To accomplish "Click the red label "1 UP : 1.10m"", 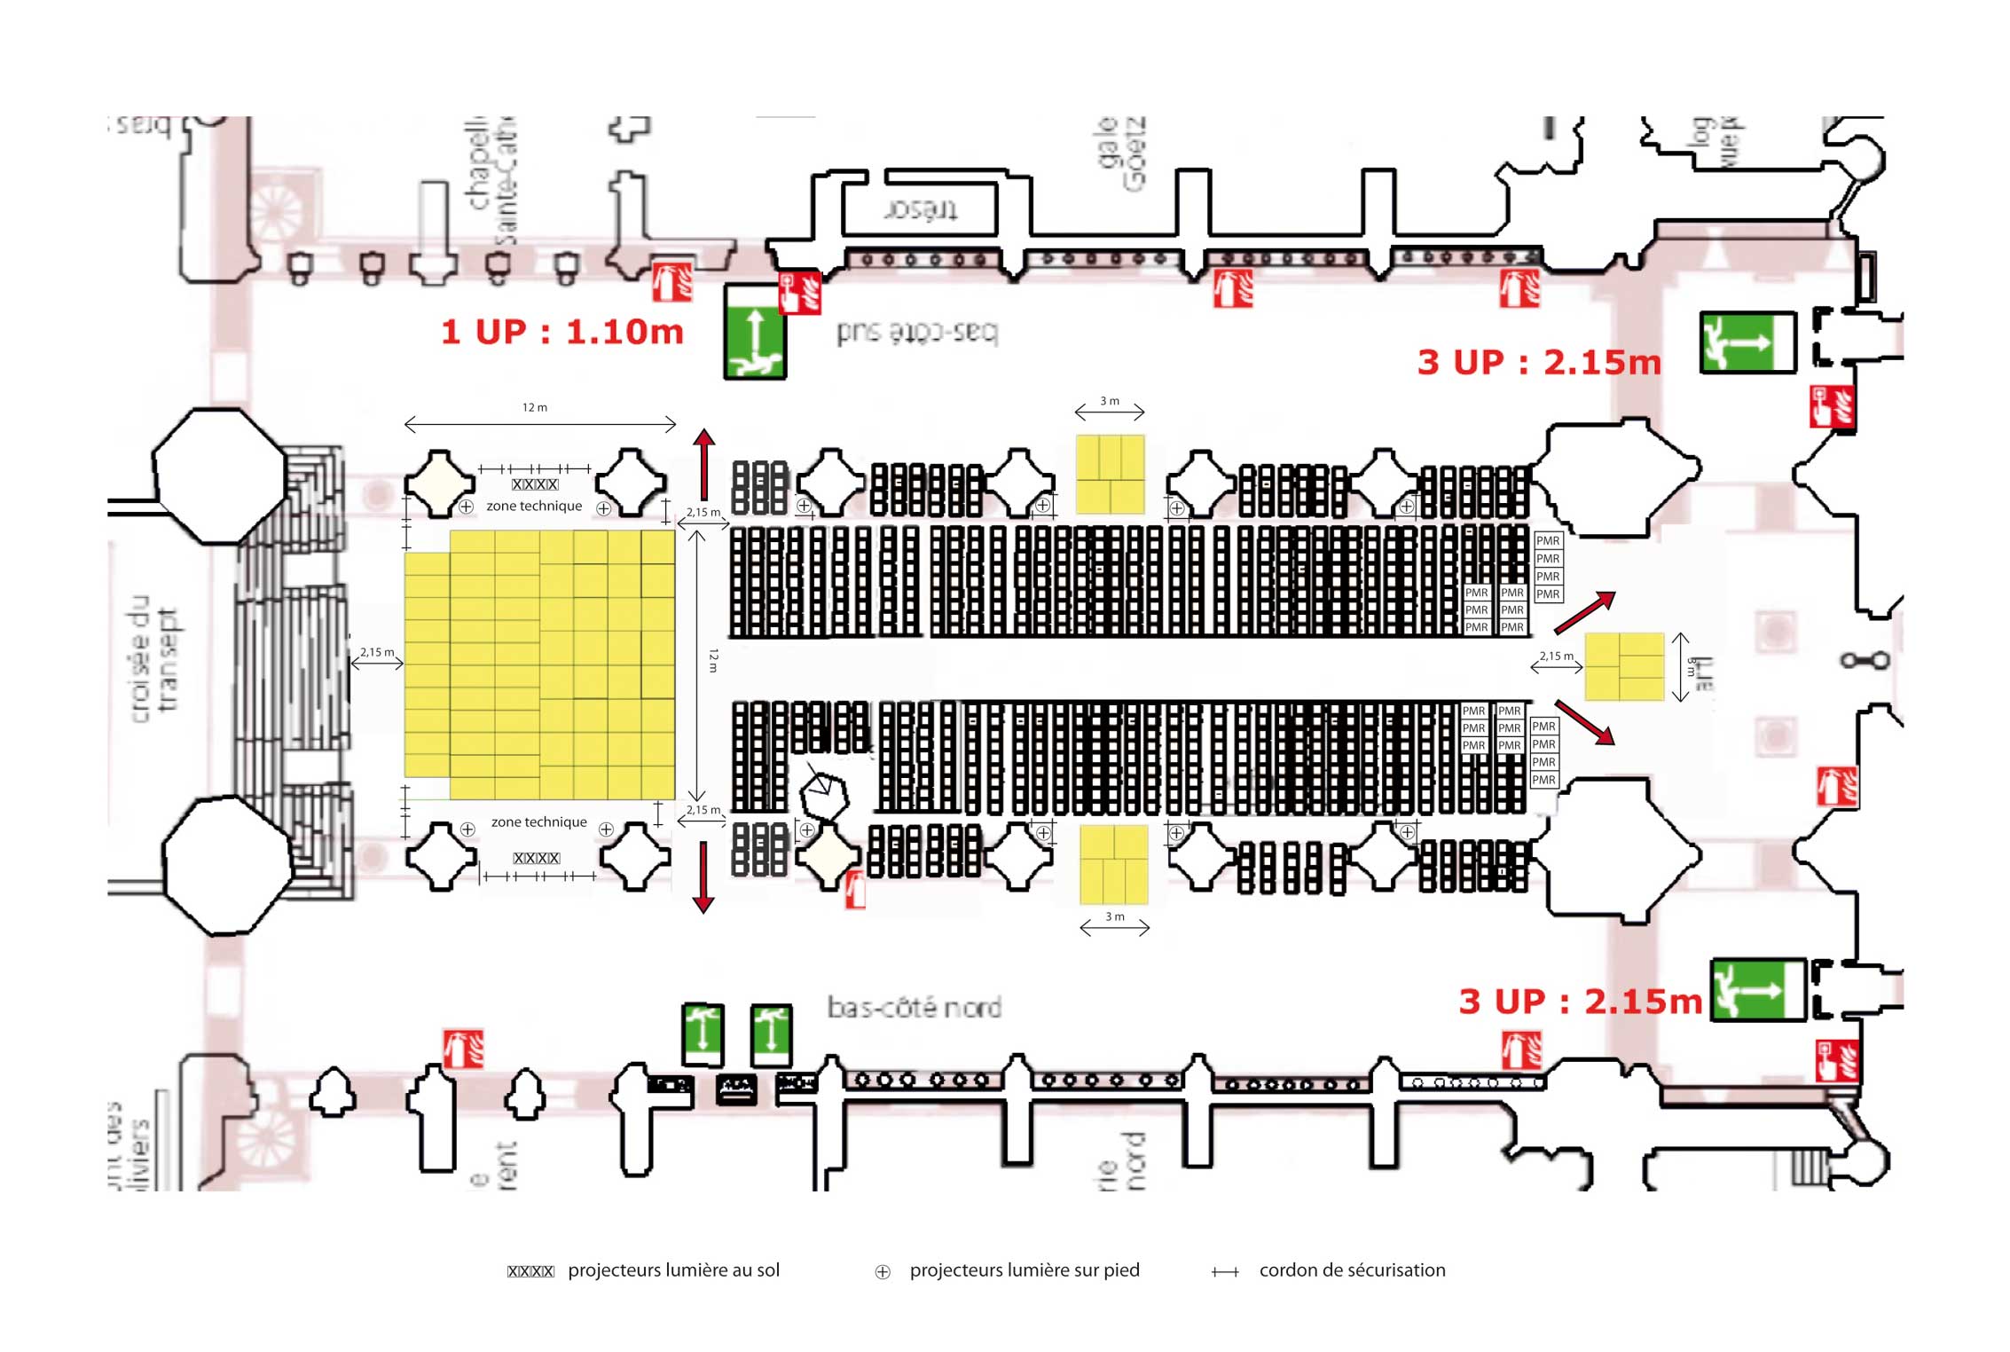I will click(x=562, y=332).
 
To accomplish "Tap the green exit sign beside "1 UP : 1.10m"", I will click(x=755, y=332).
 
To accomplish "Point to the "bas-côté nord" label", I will click(x=915, y=1007).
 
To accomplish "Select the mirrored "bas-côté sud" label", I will click(x=917, y=332).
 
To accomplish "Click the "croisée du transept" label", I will click(x=154, y=658).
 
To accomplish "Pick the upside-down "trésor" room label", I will click(x=921, y=210).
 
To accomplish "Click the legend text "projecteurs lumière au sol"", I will click(x=673, y=1269).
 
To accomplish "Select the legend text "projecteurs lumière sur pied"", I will click(x=1025, y=1269).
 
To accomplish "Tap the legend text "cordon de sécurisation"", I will click(x=1352, y=1269).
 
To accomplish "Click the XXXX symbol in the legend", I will click(x=530, y=1271).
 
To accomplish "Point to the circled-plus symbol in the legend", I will click(x=883, y=1272).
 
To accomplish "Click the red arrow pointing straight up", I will click(x=704, y=463).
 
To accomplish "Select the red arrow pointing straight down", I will click(x=703, y=877).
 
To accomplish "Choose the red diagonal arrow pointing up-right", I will click(x=1585, y=613).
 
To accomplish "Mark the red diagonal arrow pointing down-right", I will click(x=1584, y=722).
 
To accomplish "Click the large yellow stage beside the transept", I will click(x=540, y=665).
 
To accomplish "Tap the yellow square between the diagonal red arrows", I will click(x=1624, y=666).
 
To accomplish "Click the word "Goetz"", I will click(x=1135, y=153).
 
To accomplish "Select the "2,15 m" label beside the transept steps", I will click(x=377, y=652).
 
